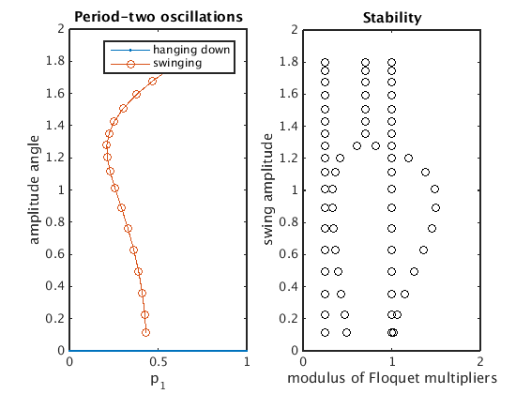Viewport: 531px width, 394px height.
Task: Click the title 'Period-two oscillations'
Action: (x=159, y=17)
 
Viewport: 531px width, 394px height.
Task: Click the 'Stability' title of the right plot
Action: (x=392, y=18)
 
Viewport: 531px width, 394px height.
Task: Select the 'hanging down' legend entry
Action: (x=171, y=50)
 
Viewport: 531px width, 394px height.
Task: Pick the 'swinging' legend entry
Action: (x=157, y=63)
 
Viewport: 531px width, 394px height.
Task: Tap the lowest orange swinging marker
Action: (x=145, y=332)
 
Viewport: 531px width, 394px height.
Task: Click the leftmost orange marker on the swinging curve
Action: (x=106, y=145)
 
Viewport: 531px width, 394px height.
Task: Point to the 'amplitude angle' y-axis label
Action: (x=34, y=189)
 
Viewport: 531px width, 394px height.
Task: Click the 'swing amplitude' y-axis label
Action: (x=267, y=189)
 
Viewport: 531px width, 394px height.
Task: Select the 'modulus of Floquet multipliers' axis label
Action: (x=392, y=378)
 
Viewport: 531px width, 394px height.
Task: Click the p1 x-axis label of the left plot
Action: (x=158, y=381)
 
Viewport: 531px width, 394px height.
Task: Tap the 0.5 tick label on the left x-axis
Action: (x=159, y=362)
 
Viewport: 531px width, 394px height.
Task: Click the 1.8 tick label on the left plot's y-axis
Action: (x=55, y=61)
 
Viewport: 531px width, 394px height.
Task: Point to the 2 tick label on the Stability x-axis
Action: (x=480, y=362)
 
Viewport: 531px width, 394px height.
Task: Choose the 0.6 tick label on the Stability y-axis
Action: (x=289, y=254)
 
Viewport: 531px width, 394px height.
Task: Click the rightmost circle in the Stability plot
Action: (x=436, y=207)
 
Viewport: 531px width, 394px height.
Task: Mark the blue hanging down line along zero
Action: (x=159, y=351)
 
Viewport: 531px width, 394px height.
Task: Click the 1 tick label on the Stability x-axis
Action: (x=392, y=362)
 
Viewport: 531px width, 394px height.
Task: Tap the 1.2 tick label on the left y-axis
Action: (x=55, y=158)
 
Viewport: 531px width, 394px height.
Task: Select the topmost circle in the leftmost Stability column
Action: (x=325, y=63)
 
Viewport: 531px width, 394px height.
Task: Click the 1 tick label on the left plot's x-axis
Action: (x=247, y=362)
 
